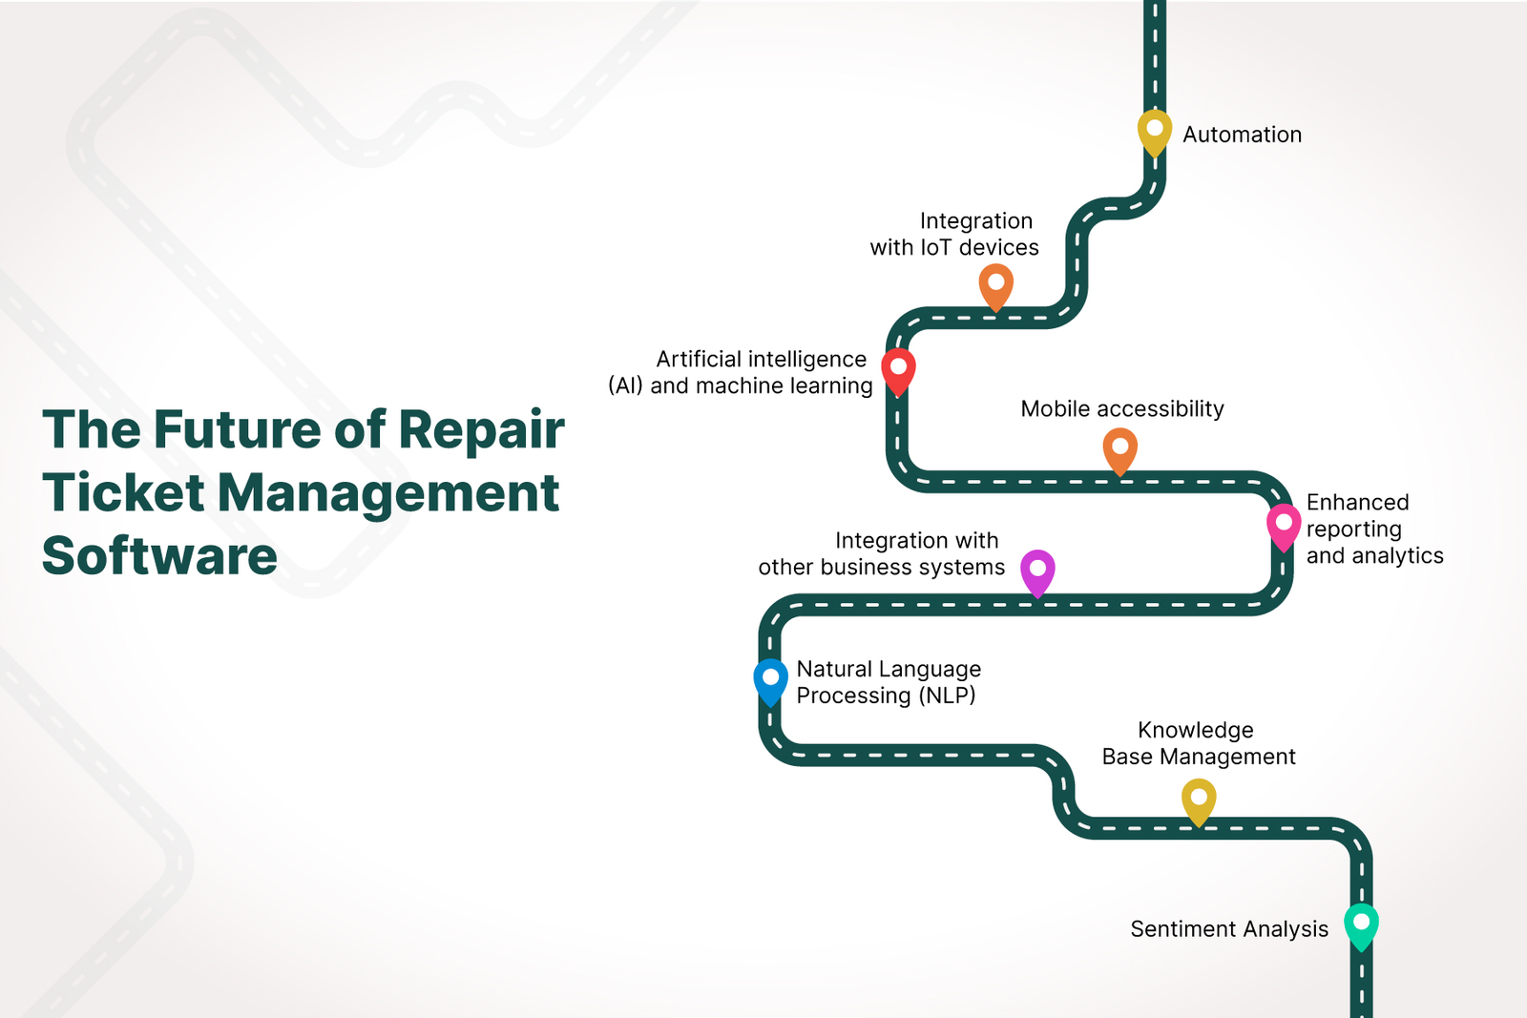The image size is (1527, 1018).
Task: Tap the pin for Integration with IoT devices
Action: (x=995, y=284)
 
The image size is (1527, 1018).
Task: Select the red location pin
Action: (x=898, y=369)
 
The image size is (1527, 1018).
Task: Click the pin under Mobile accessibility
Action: (x=1119, y=448)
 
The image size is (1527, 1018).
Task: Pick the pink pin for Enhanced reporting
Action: (x=1284, y=525)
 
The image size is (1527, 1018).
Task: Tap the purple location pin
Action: (x=1037, y=571)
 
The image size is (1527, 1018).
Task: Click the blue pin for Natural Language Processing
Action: (x=770, y=679)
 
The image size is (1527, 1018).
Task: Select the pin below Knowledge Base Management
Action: (x=1199, y=799)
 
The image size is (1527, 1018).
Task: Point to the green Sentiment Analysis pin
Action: (x=1361, y=924)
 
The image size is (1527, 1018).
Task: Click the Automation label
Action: (x=1242, y=135)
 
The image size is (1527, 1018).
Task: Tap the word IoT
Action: (x=936, y=247)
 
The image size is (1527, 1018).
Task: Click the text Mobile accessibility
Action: (x=1121, y=408)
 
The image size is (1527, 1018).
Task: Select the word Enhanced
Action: (x=1357, y=502)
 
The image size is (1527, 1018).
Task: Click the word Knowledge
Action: (x=1195, y=730)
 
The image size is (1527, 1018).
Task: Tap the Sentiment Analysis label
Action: (x=1228, y=929)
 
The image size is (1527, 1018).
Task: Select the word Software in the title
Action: (x=159, y=555)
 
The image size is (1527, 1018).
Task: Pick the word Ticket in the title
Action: (x=123, y=492)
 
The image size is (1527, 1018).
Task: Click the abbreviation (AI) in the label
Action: (x=625, y=385)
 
